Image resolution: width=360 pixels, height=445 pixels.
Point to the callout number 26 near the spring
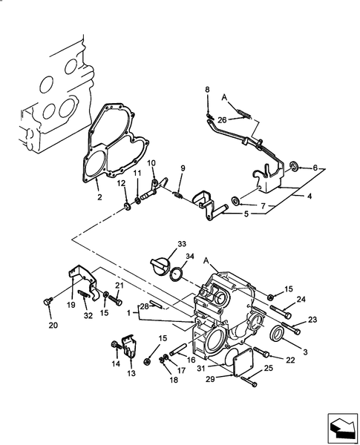coord(222,119)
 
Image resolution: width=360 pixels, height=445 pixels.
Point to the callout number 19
coord(71,303)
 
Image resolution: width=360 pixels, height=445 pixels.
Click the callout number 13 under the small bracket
coord(131,374)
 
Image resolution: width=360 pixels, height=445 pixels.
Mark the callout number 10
coord(151,163)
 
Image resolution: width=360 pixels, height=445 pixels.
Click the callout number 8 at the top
coord(208,90)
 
